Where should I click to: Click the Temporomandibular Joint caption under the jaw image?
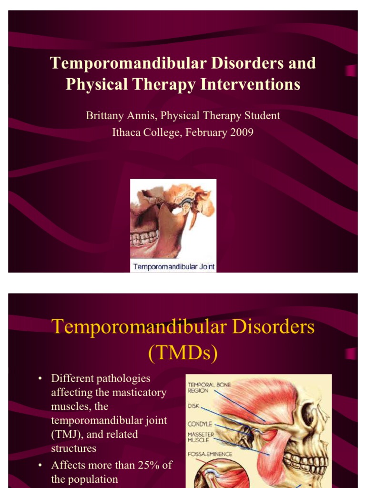click(x=173, y=266)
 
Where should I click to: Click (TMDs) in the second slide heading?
click(x=183, y=353)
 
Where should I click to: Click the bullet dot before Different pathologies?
click(x=41, y=379)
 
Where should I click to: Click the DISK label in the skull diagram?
click(x=195, y=407)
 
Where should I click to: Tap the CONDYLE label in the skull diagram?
click(x=200, y=424)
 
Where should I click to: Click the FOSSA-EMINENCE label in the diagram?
click(x=210, y=454)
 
